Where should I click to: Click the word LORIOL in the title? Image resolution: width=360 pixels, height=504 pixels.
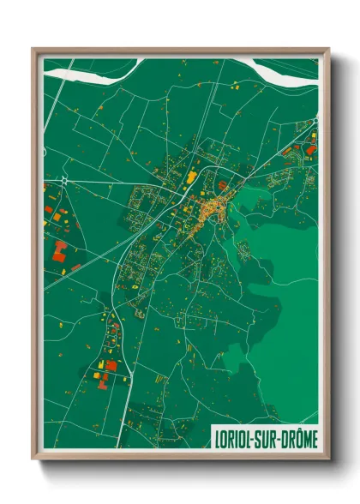pos(233,435)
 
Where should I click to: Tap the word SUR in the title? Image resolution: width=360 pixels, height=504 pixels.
pos(269,435)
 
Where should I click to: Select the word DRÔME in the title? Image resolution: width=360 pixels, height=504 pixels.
pos(300,435)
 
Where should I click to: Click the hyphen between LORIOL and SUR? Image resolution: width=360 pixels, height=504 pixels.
pos(256,436)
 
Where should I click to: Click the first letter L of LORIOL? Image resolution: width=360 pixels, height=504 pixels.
pos(214,435)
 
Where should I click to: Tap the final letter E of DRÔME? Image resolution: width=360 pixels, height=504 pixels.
pos(313,435)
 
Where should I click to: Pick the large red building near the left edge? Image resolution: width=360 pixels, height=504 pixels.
pos(59,249)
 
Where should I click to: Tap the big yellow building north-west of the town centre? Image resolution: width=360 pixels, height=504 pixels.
pos(190,178)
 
